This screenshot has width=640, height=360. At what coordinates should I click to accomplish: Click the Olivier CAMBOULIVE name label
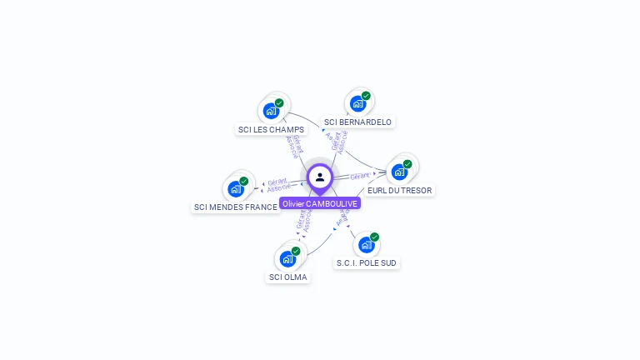[x=320, y=203]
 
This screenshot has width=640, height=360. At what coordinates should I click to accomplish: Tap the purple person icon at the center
[x=320, y=177]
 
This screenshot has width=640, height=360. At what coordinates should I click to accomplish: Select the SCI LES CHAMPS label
[x=271, y=129]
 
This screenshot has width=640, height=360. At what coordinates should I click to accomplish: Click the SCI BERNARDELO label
[x=357, y=122]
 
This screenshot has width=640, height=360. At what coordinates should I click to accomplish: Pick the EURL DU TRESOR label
[x=400, y=190]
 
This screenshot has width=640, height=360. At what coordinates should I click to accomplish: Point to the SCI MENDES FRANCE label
[x=236, y=207]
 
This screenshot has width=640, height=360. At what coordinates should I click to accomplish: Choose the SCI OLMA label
[x=288, y=277]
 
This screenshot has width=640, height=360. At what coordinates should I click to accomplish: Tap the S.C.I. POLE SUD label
[x=367, y=262]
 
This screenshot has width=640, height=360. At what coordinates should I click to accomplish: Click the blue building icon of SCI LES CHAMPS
[x=270, y=111]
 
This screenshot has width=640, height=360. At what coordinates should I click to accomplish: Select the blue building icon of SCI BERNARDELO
[x=357, y=104]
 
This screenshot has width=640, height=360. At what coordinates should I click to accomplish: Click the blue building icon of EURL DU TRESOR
[x=399, y=172]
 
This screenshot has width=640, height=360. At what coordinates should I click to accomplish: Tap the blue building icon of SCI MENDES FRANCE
[x=236, y=189]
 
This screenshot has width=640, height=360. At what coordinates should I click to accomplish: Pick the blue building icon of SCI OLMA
[x=287, y=258]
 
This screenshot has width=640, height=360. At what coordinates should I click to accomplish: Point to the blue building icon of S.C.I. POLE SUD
[x=365, y=245]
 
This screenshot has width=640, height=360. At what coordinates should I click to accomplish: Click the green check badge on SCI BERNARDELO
[x=366, y=96]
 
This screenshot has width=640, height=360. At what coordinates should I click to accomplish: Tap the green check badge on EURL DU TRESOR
[x=407, y=164]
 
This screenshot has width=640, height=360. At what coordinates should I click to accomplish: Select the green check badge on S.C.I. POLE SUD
[x=374, y=237]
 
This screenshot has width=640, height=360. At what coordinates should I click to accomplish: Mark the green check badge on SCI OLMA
[x=296, y=251]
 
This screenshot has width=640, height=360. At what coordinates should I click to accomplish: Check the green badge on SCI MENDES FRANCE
[x=244, y=181]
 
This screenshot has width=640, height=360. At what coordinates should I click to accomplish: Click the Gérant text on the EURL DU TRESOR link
[x=360, y=176]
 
